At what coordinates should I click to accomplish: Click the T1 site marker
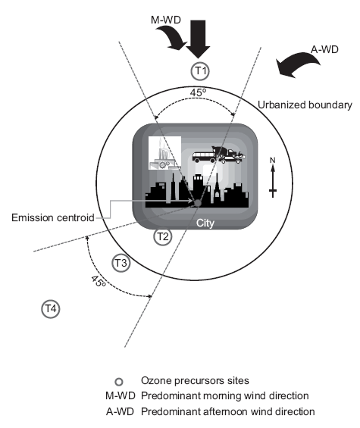200,71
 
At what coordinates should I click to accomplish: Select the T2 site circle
163,236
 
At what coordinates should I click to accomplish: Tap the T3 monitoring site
121,263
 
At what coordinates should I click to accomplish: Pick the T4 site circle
51,309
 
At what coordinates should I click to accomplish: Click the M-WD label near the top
166,20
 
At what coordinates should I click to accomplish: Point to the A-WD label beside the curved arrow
324,49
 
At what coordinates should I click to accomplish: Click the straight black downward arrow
198,39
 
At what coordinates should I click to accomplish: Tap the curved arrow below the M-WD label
172,38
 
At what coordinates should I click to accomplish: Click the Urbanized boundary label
305,105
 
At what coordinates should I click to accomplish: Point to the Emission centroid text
53,217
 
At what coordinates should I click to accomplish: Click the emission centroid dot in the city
198,203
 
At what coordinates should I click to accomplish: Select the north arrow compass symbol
273,177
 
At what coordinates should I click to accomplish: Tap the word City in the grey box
205,223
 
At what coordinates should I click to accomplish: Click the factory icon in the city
164,153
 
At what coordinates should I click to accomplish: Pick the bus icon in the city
204,157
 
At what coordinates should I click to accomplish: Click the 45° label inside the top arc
198,92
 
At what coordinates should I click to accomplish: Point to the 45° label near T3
99,281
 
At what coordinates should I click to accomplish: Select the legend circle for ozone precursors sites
119,382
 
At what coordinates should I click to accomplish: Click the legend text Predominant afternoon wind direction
228,411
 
